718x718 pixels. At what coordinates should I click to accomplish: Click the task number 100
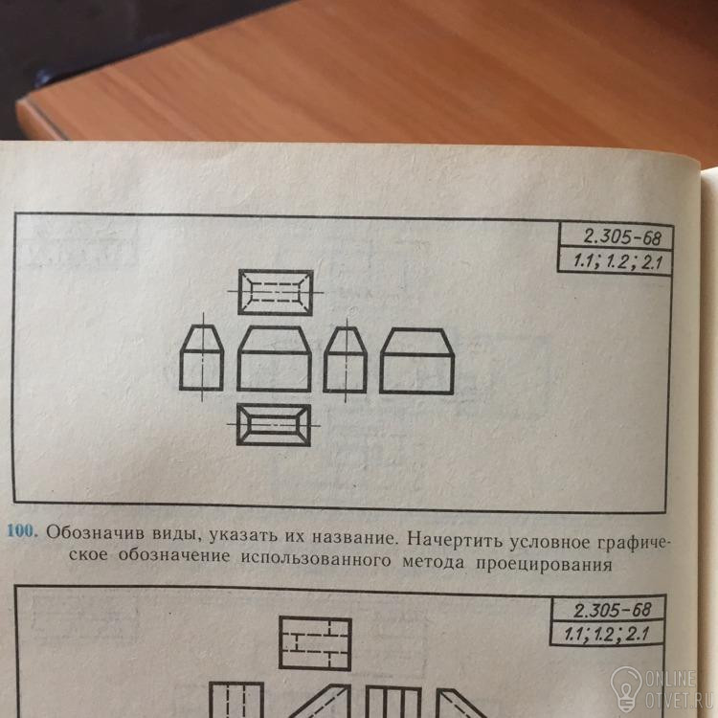pyautogui.click(x=21, y=531)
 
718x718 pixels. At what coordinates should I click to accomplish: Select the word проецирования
pyautogui.click(x=544, y=565)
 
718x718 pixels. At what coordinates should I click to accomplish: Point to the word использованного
pyautogui.click(x=316, y=559)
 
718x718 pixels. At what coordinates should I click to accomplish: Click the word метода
pyautogui.click(x=433, y=561)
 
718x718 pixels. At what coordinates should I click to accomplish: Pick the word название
pyautogui.click(x=353, y=537)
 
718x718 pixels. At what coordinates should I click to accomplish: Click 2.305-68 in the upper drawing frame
pyautogui.click(x=622, y=237)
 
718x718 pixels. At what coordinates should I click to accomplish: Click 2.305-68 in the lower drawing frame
pyautogui.click(x=612, y=610)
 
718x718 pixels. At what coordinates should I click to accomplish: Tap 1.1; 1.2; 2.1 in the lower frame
pyautogui.click(x=606, y=635)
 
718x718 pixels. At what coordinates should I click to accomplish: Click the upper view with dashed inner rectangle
pyautogui.click(x=276, y=292)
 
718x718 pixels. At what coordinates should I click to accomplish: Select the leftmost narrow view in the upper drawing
pyautogui.click(x=201, y=357)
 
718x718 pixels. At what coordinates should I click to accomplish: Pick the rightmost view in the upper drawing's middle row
pyautogui.click(x=416, y=361)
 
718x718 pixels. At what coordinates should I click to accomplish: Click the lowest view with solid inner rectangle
pyautogui.click(x=274, y=424)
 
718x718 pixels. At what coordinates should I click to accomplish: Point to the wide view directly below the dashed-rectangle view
pyautogui.click(x=274, y=359)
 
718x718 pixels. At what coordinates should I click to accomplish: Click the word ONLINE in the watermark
pyautogui.click(x=670, y=679)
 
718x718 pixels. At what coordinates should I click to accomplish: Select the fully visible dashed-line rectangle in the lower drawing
pyautogui.click(x=315, y=644)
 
